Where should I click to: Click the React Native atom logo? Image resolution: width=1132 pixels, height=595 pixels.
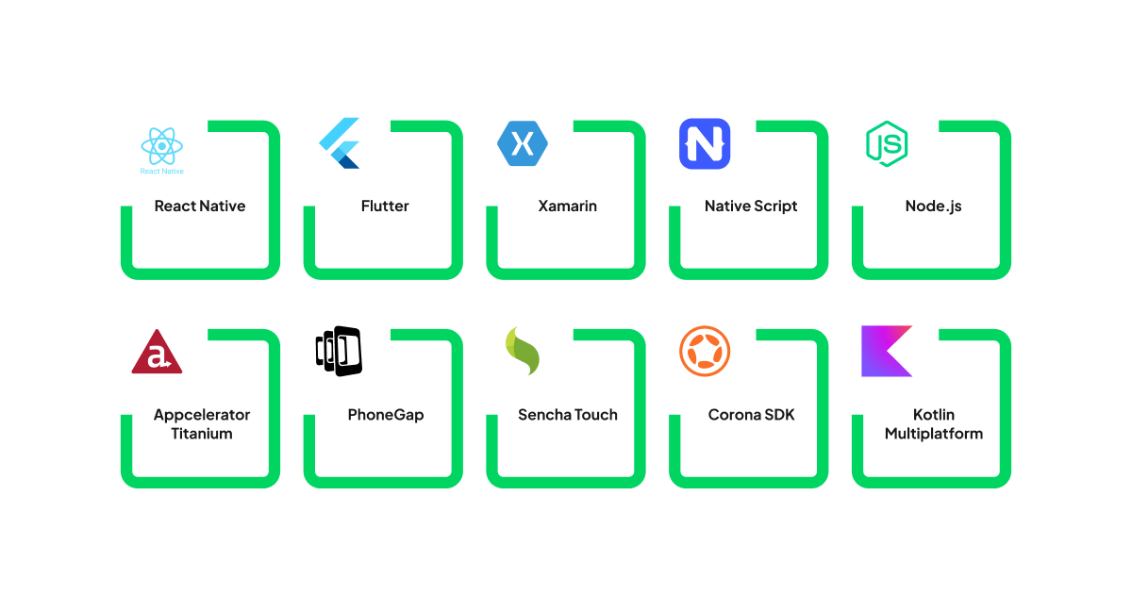(x=162, y=147)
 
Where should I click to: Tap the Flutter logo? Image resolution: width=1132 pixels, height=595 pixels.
(x=340, y=143)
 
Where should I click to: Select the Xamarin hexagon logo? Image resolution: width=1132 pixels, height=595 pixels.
(x=522, y=143)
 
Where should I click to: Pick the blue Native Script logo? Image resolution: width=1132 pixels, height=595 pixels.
(x=705, y=144)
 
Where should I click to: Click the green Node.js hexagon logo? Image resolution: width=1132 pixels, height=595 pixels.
(x=887, y=144)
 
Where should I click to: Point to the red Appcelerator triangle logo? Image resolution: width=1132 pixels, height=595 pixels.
(x=157, y=352)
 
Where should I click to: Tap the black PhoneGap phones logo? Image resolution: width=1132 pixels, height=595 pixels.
(x=339, y=351)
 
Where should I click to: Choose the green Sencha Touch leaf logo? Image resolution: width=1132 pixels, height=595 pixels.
(x=522, y=351)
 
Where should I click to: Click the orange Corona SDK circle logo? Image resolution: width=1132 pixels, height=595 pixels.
(x=705, y=351)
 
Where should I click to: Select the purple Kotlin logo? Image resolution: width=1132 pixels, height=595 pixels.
(x=887, y=351)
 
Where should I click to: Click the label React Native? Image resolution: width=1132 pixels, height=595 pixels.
(x=200, y=206)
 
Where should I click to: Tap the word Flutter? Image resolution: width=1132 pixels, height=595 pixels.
(x=385, y=206)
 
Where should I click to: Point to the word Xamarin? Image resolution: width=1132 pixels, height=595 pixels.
(x=567, y=206)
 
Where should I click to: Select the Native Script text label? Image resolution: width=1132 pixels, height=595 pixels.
(x=751, y=206)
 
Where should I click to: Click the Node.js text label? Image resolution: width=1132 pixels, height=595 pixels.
(x=933, y=206)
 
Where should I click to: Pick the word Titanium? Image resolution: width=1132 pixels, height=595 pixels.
(x=201, y=434)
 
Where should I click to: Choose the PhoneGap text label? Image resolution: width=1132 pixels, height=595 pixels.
(x=385, y=415)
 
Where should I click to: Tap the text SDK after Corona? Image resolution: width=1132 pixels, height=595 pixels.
(x=778, y=415)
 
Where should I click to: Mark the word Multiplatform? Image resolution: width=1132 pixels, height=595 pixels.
(x=934, y=434)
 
